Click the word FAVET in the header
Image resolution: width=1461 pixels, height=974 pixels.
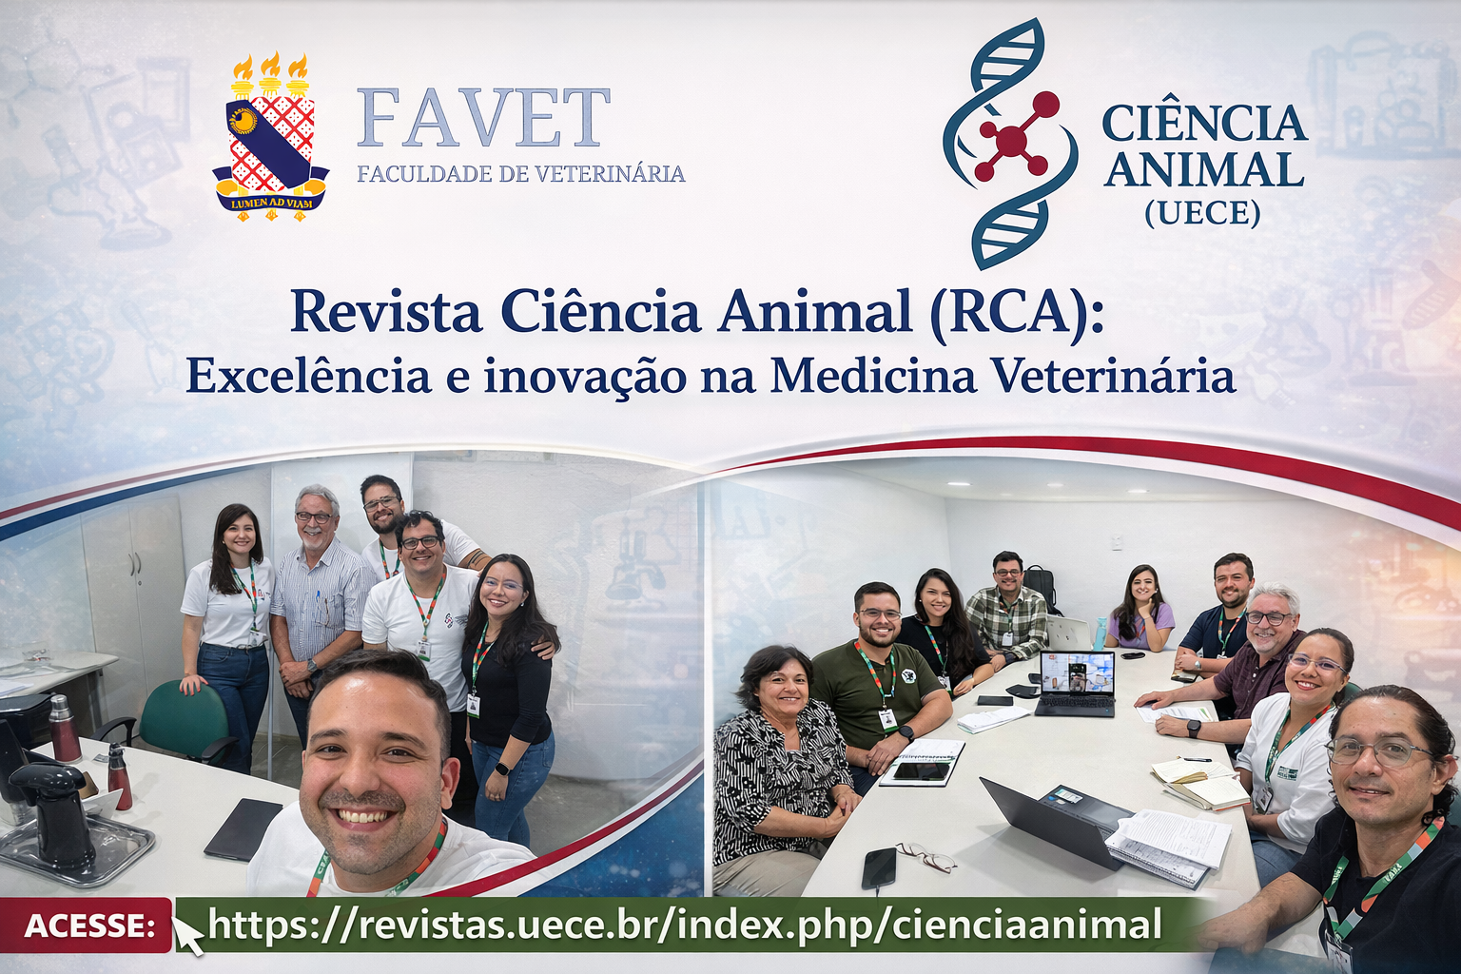pyautogui.click(x=483, y=118)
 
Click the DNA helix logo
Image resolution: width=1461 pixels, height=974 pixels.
pyautogui.click(x=1010, y=143)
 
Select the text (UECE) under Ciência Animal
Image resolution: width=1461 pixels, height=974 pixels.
pyautogui.click(x=1202, y=213)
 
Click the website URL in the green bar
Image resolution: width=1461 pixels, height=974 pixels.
pyautogui.click(x=685, y=924)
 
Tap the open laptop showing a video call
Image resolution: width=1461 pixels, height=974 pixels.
pyautogui.click(x=1076, y=683)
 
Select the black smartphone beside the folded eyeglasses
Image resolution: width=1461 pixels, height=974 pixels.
pyautogui.click(x=879, y=867)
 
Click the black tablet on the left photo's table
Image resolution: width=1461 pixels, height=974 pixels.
pyautogui.click(x=243, y=828)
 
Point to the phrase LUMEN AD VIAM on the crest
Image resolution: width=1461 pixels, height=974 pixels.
pyautogui.click(x=271, y=202)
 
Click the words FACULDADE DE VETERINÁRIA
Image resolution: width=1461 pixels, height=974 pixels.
pyautogui.click(x=521, y=174)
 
